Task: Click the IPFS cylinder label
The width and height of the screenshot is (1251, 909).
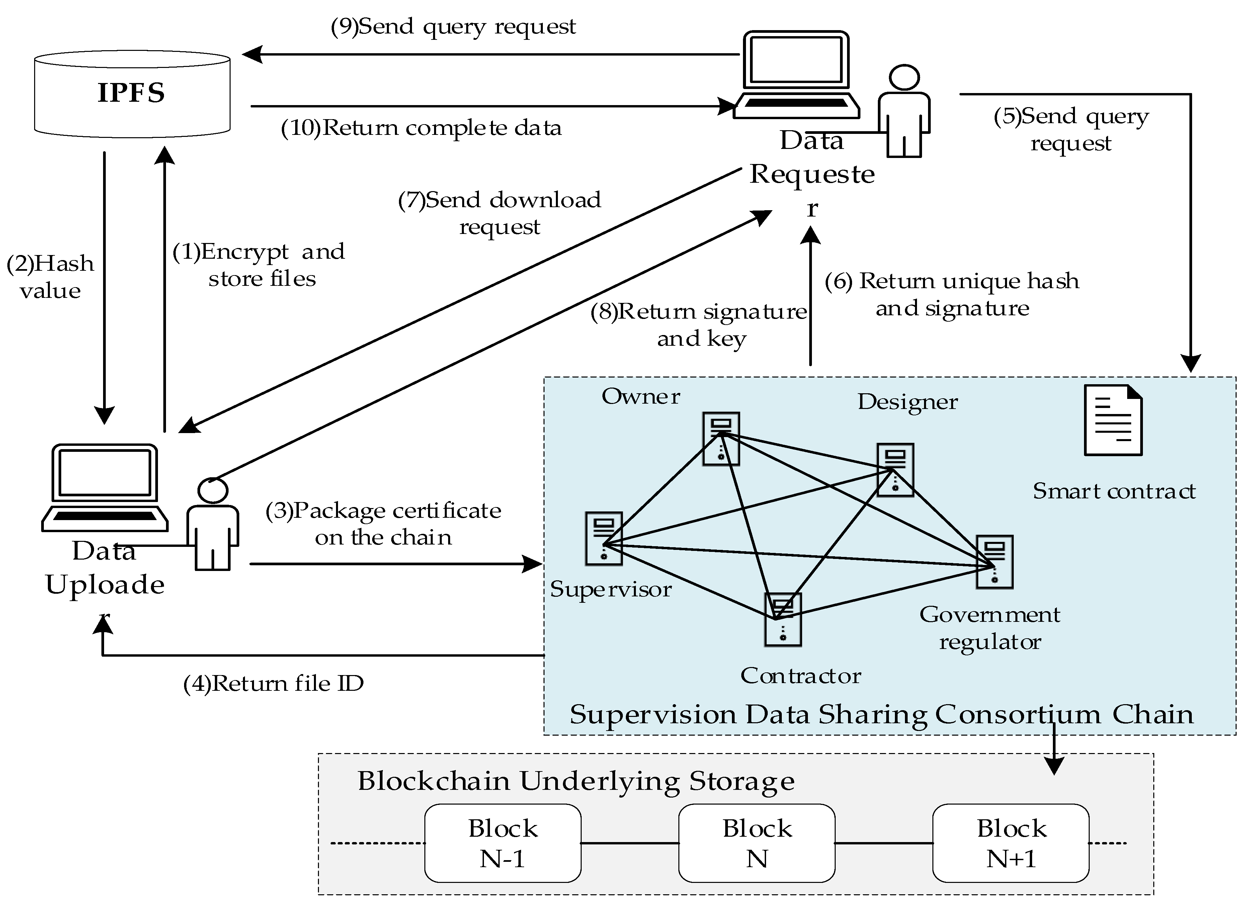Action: (x=131, y=93)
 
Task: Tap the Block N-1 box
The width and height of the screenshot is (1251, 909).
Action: (x=502, y=843)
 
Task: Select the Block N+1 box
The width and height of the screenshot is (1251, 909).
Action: (x=1010, y=843)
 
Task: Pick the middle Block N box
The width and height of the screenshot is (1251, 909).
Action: (x=757, y=843)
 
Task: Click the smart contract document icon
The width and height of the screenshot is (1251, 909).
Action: (x=1112, y=420)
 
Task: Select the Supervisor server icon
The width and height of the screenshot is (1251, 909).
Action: (x=604, y=539)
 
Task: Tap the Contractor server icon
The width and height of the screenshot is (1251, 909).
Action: (x=783, y=619)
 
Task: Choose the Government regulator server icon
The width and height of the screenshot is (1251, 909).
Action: (x=995, y=562)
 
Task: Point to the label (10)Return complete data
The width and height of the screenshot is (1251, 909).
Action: (x=421, y=128)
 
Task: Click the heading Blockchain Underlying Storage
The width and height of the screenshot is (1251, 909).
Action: (x=576, y=781)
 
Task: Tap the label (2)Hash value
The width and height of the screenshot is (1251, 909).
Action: (x=50, y=277)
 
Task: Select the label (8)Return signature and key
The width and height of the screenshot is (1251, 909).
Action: (x=699, y=325)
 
